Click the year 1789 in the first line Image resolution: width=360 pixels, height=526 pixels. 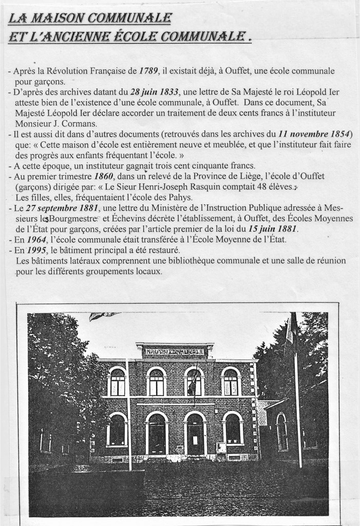[x=148, y=71]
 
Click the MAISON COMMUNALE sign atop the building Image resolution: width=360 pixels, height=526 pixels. [x=174, y=352]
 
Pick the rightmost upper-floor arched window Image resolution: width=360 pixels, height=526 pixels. [x=231, y=382]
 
